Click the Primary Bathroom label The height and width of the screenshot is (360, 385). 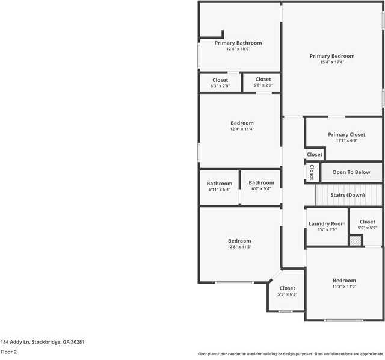238,43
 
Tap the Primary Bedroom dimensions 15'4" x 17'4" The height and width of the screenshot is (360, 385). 332,62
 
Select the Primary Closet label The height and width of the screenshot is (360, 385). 346,134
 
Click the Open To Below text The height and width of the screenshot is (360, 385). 351,172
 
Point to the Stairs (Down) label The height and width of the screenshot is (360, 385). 348,195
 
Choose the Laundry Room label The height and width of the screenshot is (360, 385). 327,223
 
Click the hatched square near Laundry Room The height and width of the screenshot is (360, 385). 356,240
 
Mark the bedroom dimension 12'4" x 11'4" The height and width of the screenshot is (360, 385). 242,129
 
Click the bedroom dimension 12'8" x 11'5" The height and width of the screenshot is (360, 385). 239,247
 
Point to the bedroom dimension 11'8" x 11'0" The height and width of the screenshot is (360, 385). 345,287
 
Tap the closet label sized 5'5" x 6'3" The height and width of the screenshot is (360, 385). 288,294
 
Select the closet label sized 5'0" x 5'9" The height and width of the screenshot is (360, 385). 367,228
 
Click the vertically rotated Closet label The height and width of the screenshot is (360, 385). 312,173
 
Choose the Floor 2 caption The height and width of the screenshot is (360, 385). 8,352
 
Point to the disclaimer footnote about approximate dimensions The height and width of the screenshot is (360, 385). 291,354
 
